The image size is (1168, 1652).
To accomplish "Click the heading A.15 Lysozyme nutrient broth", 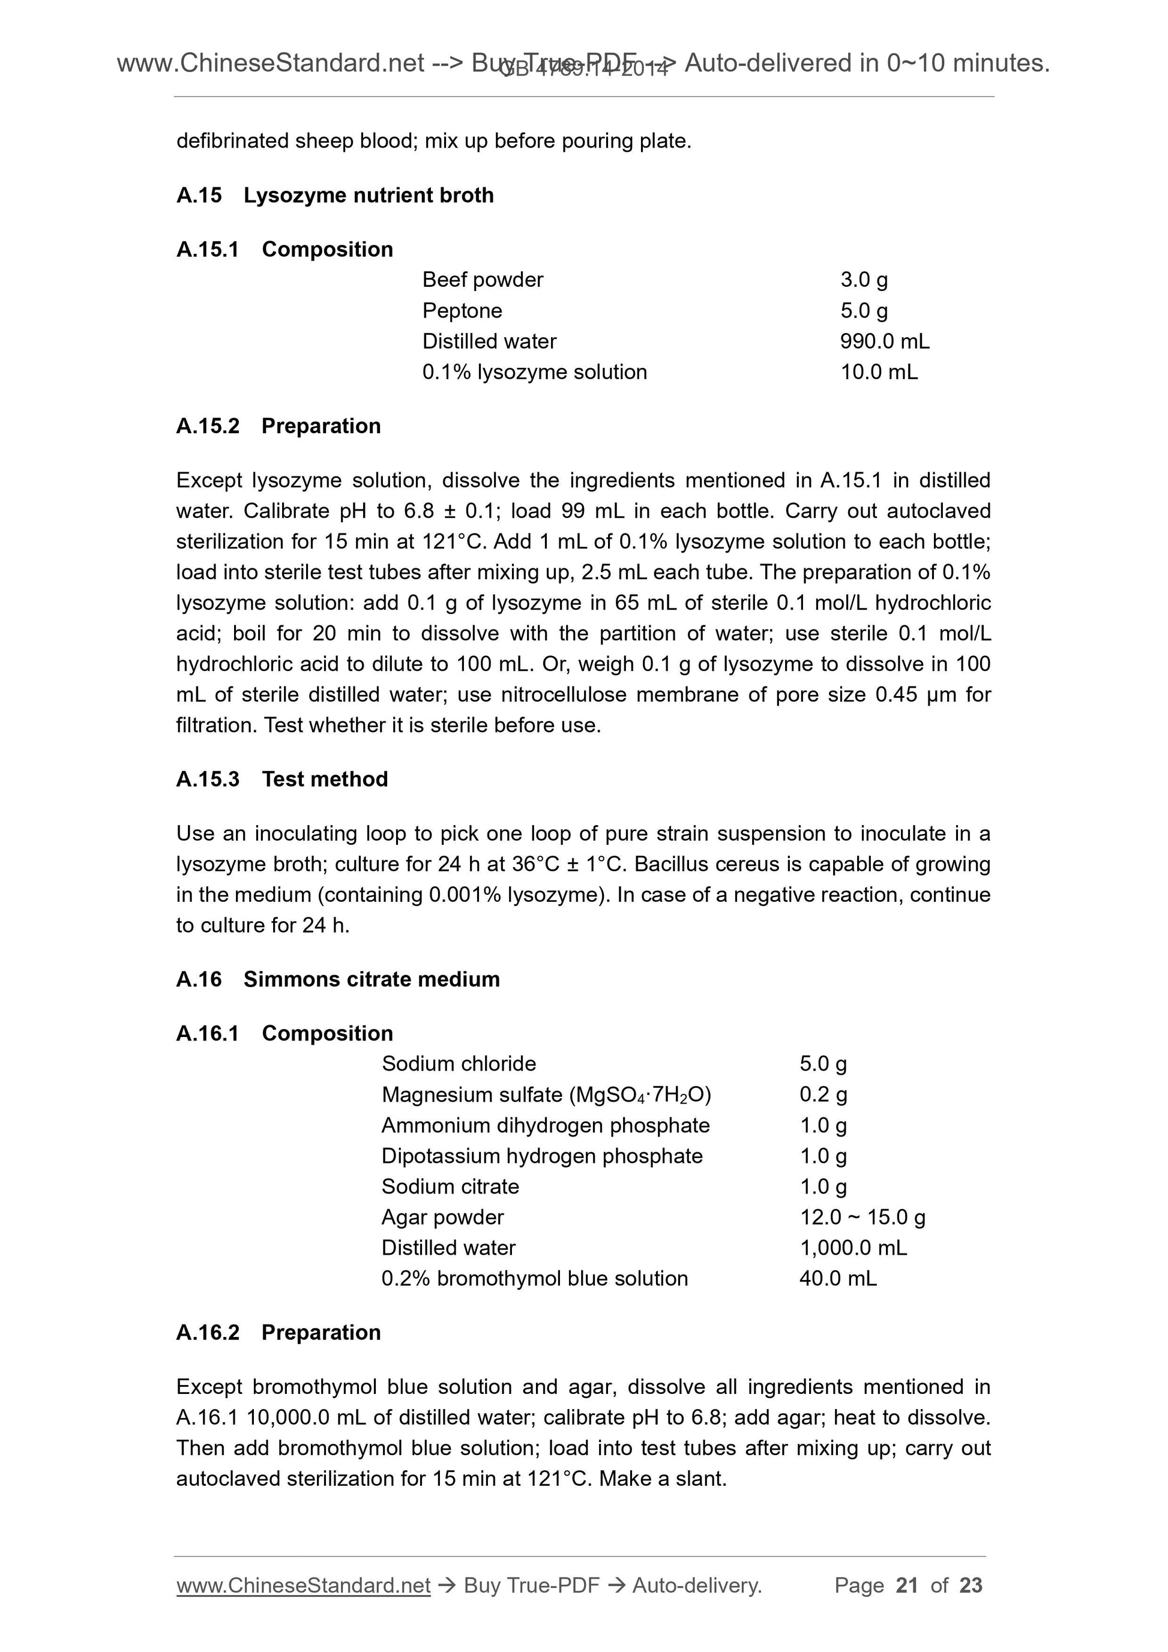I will click(335, 195).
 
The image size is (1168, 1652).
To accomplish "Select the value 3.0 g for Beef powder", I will click(864, 279).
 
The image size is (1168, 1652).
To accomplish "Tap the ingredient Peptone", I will click(462, 310).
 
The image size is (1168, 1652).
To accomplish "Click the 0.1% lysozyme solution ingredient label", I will click(534, 372).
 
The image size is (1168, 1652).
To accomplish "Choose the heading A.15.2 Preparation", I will click(278, 426).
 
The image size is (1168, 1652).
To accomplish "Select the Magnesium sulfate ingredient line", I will click(546, 1095).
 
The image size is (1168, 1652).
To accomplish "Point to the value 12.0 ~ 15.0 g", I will click(862, 1218).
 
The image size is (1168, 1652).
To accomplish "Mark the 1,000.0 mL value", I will click(853, 1248).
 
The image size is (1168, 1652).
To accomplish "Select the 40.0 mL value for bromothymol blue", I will click(838, 1279).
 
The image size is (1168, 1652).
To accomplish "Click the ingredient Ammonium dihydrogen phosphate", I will click(545, 1125).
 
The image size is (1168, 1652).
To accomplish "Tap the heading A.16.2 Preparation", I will click(278, 1333).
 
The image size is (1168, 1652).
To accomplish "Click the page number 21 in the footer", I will click(907, 1585).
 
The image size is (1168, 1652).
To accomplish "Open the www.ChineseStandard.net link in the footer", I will click(303, 1585).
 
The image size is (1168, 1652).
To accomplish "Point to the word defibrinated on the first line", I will click(232, 141).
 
